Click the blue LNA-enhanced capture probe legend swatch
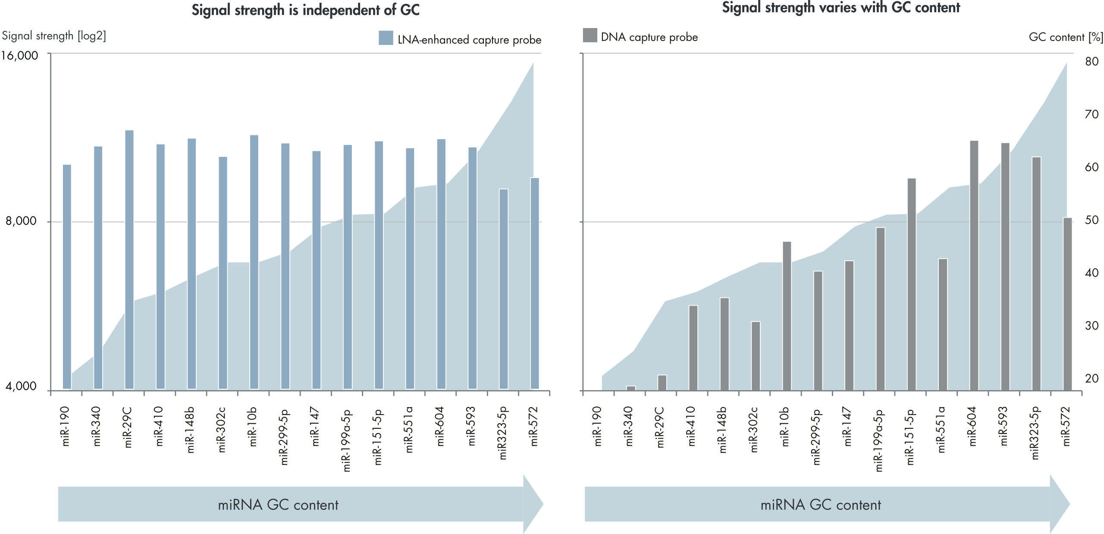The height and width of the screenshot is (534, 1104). [386, 38]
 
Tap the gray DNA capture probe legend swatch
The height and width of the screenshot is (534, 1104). [590, 35]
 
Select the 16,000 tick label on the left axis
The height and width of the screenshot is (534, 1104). [19, 56]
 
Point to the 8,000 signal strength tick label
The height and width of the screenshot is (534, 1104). [21, 221]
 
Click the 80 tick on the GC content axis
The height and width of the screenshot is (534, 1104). [1091, 62]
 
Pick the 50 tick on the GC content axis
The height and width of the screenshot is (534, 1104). [1091, 220]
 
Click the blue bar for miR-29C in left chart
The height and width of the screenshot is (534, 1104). [129, 259]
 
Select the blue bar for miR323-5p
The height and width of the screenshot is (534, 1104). [503, 289]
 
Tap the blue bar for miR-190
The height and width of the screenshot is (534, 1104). [67, 276]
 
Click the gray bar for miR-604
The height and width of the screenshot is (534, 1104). [974, 265]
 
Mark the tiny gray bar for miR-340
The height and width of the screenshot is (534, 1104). [630, 388]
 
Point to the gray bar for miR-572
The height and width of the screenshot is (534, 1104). [1067, 304]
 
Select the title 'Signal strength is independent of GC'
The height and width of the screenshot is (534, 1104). [305, 10]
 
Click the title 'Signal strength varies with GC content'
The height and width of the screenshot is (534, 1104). [841, 8]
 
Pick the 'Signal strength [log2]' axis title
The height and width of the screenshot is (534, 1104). [54, 36]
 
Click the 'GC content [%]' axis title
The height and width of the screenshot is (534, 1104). [1066, 37]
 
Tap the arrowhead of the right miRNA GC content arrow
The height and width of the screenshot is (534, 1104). [1059, 504]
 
